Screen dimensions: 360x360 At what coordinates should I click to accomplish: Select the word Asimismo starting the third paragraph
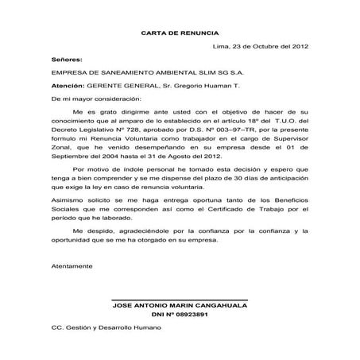click(66, 204)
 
